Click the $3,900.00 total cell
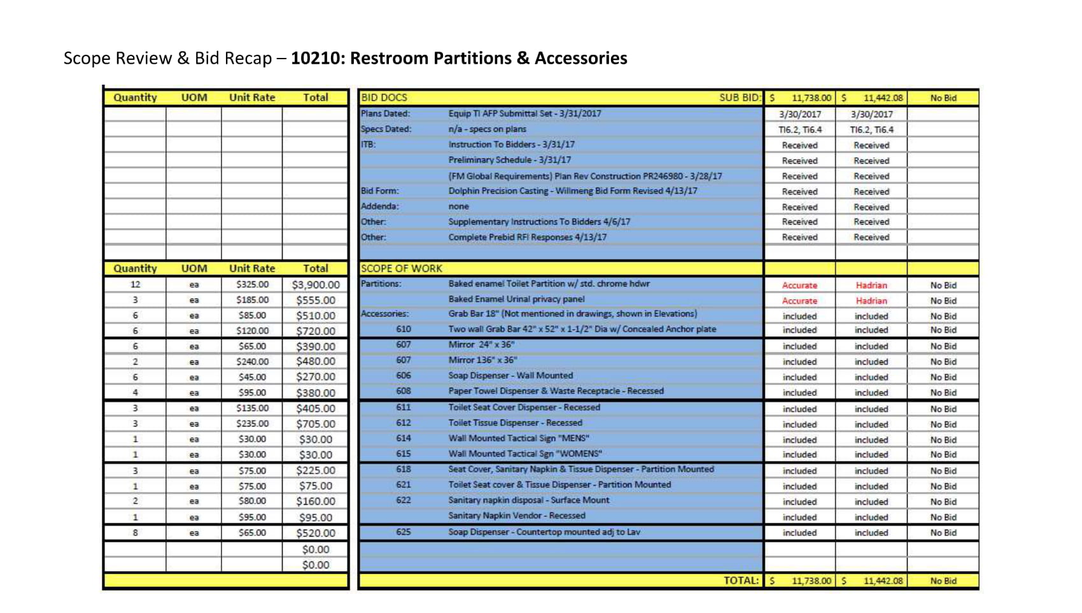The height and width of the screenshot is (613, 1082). click(316, 285)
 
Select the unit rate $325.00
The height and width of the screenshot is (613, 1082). click(252, 285)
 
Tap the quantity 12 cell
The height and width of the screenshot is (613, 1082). click(135, 285)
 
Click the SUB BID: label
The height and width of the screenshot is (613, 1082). click(740, 98)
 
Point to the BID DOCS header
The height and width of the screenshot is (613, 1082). click(384, 98)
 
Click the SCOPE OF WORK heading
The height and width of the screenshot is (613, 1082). click(401, 269)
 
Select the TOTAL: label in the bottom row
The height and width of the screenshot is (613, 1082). click(741, 581)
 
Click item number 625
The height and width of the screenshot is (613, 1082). click(404, 532)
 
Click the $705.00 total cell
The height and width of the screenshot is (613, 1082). click(316, 424)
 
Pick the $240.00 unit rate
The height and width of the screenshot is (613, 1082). click(252, 362)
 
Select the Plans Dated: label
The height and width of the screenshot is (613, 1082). click(385, 114)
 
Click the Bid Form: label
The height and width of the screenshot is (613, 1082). click(380, 191)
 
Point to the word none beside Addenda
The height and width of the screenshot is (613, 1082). click(458, 207)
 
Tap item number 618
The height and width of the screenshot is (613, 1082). click(404, 470)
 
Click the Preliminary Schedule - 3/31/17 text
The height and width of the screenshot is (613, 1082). click(509, 160)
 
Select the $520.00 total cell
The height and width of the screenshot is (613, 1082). click(316, 533)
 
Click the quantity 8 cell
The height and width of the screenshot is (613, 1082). click(135, 533)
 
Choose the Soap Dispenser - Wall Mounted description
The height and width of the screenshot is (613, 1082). click(510, 376)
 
